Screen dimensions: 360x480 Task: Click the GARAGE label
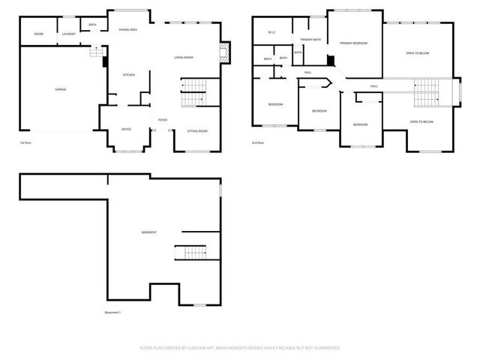pos(61,89)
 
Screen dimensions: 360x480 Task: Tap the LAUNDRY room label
pos(69,34)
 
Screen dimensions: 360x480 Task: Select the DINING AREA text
pos(127,29)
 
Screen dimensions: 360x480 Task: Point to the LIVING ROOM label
pos(184,58)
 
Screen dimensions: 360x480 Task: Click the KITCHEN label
pos(128,75)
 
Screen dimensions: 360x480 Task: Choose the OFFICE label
pos(126,129)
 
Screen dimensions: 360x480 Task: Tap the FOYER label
pos(162,120)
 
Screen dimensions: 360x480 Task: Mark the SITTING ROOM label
pos(197,130)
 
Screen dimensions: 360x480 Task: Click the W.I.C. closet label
pos(272,32)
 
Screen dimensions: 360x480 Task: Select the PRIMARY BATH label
pos(310,39)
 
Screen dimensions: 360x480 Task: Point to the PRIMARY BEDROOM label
pos(353,43)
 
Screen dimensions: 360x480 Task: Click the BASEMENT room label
pos(149,232)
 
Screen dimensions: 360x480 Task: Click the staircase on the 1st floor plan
pos(193,94)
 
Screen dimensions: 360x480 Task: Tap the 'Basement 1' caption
pos(113,313)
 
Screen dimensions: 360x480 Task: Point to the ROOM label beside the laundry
pos(38,34)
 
